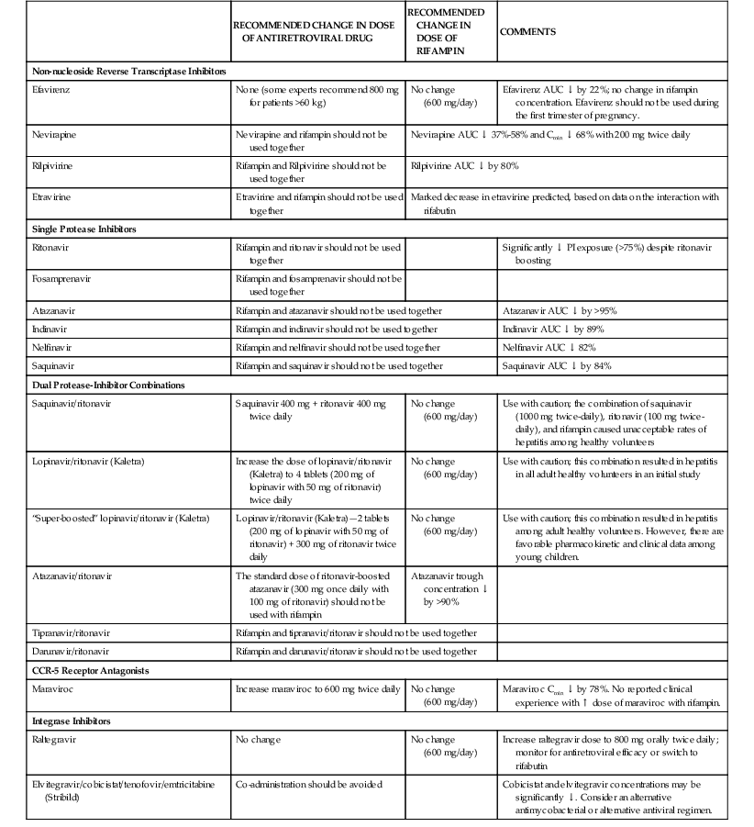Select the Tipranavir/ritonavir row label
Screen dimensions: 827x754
coord(73,632)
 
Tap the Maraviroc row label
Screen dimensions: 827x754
coord(52,688)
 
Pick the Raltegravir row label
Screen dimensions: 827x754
coord(54,739)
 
